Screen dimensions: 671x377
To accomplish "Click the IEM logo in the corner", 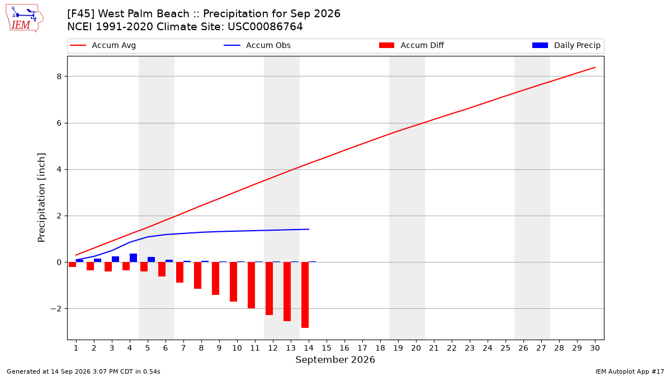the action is coord(25,18).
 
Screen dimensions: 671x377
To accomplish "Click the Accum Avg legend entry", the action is coord(103,45).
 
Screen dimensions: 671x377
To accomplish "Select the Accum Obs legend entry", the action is coord(257,45).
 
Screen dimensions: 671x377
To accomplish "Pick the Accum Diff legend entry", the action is coord(412,45).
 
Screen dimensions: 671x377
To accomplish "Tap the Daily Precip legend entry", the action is coord(566,45).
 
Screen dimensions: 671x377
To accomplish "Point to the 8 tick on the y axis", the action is coord(59,77).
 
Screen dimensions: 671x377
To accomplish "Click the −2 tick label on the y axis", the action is coord(56,309).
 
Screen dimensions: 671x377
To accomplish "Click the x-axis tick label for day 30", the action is coord(595,348).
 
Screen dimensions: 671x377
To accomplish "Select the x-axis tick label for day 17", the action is coord(362,348).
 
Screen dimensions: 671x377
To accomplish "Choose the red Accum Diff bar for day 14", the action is coord(305,295).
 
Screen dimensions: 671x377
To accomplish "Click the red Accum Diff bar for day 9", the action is coord(216,279).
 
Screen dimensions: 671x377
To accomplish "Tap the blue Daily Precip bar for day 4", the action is coord(133,258).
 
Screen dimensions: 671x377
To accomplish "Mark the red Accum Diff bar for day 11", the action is coord(251,285).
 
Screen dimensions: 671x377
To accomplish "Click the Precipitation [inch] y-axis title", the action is coord(41,198).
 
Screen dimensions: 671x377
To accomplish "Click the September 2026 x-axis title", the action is coord(335,360).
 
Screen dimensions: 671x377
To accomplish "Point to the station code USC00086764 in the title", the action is coord(265,27).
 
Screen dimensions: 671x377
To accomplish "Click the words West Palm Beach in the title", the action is coord(144,14).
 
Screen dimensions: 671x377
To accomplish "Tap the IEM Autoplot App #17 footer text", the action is coord(630,371).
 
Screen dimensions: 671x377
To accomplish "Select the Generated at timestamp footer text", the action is coord(83,371).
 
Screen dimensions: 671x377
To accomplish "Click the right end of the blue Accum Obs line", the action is coord(309,229).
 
